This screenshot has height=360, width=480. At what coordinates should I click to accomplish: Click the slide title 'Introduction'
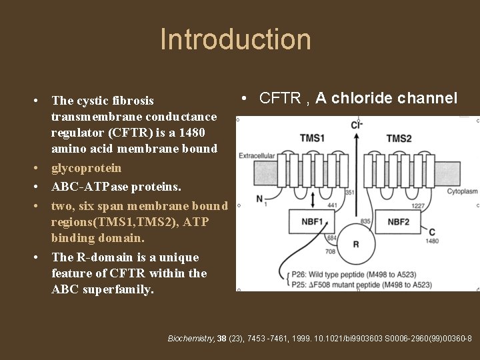[x=235, y=39]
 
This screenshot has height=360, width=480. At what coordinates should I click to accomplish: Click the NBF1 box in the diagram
[x=311, y=221]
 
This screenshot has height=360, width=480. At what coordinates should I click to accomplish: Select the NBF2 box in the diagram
[x=398, y=221]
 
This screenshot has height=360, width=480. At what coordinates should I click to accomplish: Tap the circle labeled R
[x=355, y=244]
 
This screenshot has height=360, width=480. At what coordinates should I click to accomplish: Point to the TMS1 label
[x=312, y=138]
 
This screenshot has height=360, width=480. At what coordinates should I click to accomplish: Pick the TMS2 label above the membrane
[x=399, y=138]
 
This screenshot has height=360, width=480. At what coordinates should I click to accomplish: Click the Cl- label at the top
[x=357, y=125]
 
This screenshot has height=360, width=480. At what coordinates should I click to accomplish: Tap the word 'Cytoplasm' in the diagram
[x=461, y=191]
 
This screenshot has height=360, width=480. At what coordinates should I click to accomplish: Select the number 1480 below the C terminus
[x=433, y=241]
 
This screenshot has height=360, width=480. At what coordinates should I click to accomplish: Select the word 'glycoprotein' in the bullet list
[x=86, y=168]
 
